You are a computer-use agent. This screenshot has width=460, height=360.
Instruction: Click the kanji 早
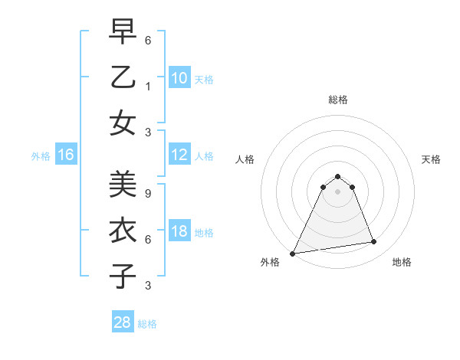click(123, 31)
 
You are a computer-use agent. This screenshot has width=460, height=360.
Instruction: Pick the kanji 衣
click(123, 231)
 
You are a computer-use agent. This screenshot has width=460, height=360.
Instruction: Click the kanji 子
click(123, 276)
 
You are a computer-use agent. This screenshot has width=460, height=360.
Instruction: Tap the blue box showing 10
click(179, 78)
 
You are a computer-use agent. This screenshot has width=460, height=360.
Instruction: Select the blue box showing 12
click(179, 155)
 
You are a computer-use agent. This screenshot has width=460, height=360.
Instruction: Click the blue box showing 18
click(179, 232)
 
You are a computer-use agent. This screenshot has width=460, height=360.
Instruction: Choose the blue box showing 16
click(66, 155)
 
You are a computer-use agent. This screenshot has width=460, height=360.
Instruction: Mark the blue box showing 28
click(123, 322)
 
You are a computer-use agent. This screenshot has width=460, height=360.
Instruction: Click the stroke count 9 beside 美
click(148, 194)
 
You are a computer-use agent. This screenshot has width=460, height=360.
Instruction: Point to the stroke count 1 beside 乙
click(148, 87)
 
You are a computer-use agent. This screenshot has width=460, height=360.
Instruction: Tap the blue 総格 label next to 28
click(147, 324)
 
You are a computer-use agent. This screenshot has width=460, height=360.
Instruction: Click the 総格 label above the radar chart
click(337, 100)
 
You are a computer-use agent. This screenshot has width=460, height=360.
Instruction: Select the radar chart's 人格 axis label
click(245, 159)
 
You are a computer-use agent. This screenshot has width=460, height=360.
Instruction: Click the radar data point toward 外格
click(293, 253)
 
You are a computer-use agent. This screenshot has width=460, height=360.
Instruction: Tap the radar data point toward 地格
click(374, 242)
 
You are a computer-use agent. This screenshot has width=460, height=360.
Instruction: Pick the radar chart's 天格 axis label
click(431, 159)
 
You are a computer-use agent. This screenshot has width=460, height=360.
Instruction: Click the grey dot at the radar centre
click(337, 191)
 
